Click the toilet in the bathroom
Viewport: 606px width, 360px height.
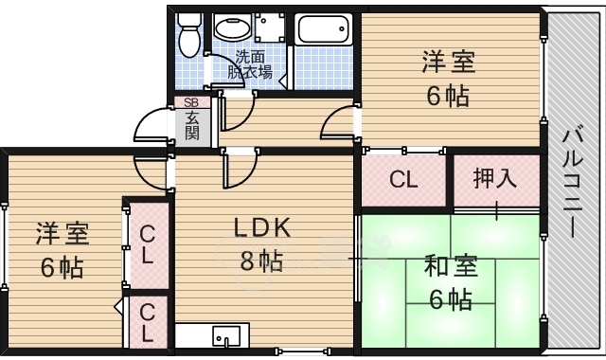point(188,35)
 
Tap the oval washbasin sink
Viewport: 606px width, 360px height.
point(232,27)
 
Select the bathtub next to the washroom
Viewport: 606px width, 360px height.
point(324,29)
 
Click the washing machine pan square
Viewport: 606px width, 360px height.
point(270,27)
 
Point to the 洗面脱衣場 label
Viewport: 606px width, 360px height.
point(250,65)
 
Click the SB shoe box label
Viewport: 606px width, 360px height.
point(191,102)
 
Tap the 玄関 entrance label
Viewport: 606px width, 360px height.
point(192,125)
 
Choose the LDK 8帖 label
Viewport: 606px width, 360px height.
point(261,244)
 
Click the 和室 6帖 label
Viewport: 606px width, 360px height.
point(451,282)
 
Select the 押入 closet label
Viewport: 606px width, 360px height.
point(495,179)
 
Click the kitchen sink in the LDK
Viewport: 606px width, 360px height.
point(226,335)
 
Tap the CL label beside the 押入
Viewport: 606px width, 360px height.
point(404,179)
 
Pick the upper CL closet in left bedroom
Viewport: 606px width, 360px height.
point(148,244)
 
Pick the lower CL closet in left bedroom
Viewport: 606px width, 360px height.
point(148,322)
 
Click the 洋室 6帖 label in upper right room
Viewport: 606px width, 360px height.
point(448,79)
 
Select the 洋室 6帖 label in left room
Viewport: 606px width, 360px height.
point(62,250)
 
